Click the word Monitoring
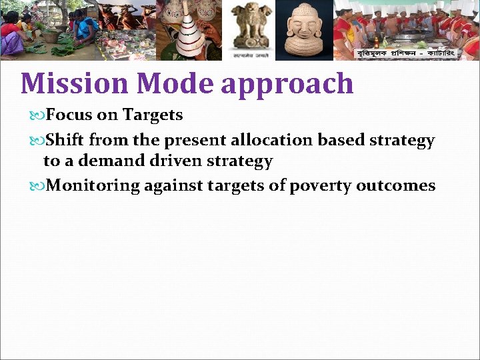point(93,185)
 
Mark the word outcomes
point(395,185)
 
